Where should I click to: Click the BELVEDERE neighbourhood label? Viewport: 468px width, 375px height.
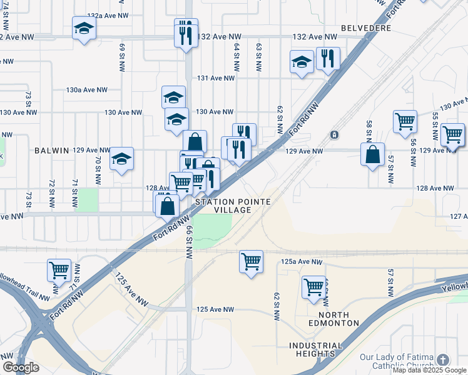click(366, 28)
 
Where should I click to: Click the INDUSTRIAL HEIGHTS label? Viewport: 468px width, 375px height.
click(316, 349)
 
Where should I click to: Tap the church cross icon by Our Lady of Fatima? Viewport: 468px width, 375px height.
click(443, 360)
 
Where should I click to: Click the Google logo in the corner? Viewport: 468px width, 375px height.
click(21, 368)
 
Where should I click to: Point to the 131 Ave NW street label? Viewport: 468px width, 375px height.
click(215, 78)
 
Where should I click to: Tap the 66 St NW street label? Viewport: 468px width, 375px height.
click(188, 244)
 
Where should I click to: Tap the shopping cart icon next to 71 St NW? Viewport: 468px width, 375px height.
click(59, 270)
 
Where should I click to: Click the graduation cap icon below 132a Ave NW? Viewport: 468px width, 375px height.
click(84, 28)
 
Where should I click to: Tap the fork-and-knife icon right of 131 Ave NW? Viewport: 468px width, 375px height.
click(328, 59)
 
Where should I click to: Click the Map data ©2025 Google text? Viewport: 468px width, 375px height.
click(429, 370)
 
